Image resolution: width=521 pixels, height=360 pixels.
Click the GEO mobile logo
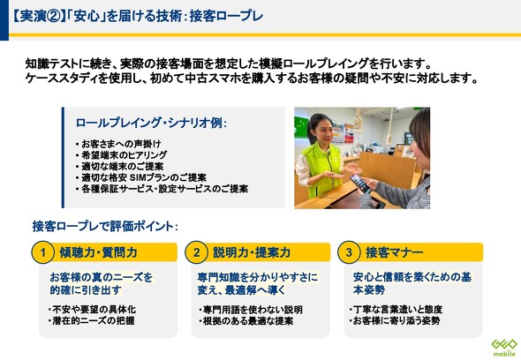[x=504, y=348]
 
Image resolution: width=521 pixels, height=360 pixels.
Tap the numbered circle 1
[x=43, y=252]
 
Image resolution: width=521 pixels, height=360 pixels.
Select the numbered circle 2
[x=196, y=252]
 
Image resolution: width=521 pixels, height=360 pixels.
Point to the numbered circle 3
[x=349, y=252]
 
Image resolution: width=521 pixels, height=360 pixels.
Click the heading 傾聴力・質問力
[x=98, y=252]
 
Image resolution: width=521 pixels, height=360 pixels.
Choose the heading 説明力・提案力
[x=252, y=252]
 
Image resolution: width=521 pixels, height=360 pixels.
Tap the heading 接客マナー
[x=395, y=252]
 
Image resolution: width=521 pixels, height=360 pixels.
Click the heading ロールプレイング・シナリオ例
[x=151, y=123]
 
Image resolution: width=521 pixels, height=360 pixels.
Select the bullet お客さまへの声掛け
[x=118, y=144]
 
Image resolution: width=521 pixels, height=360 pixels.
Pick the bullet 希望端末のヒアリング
[x=122, y=155]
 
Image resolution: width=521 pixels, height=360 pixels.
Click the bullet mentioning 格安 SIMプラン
[x=141, y=177]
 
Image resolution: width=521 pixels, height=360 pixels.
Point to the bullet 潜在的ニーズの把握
[x=92, y=321]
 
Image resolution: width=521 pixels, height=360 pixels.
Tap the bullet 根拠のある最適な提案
[x=245, y=321]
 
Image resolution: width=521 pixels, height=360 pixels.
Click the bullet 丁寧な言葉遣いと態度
[x=396, y=310]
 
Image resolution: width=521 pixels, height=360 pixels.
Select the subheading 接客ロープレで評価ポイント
[x=105, y=227]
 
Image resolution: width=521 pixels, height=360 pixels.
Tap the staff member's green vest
[x=322, y=169]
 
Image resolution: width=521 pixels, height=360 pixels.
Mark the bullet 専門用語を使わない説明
[x=251, y=310]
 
